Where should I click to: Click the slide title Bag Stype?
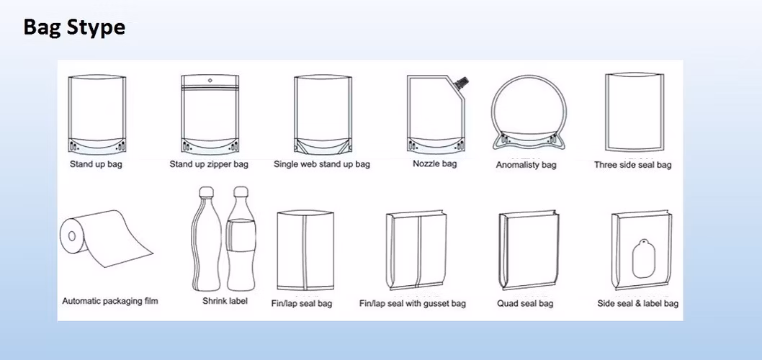coord(74,27)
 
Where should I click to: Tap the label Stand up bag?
coord(96,164)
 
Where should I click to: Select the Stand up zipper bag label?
coord(209,164)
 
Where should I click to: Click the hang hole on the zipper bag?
coord(210,80)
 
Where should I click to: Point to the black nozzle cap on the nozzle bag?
coord(462,82)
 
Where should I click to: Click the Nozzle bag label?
coord(435,163)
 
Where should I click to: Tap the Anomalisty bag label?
coord(526,165)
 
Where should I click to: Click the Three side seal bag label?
coord(633,165)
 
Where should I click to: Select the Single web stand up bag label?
coord(322,164)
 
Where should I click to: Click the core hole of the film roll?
coord(72,236)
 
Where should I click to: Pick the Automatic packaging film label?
coord(109,301)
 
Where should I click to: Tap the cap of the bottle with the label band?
coord(241,192)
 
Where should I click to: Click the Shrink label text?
coord(225,301)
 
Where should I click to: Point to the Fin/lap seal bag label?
coord(302,304)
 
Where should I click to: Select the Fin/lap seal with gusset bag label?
coord(413,304)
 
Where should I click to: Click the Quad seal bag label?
coord(525,304)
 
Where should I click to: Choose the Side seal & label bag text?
coord(638,304)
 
